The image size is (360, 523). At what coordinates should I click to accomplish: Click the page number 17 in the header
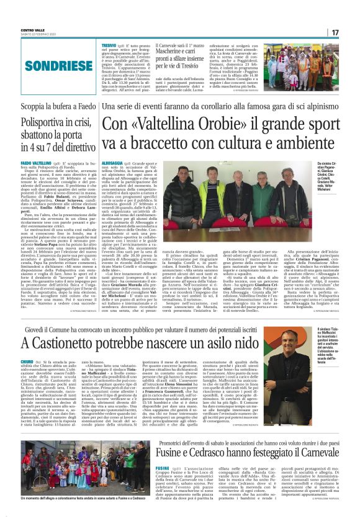(x=335, y=32)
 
